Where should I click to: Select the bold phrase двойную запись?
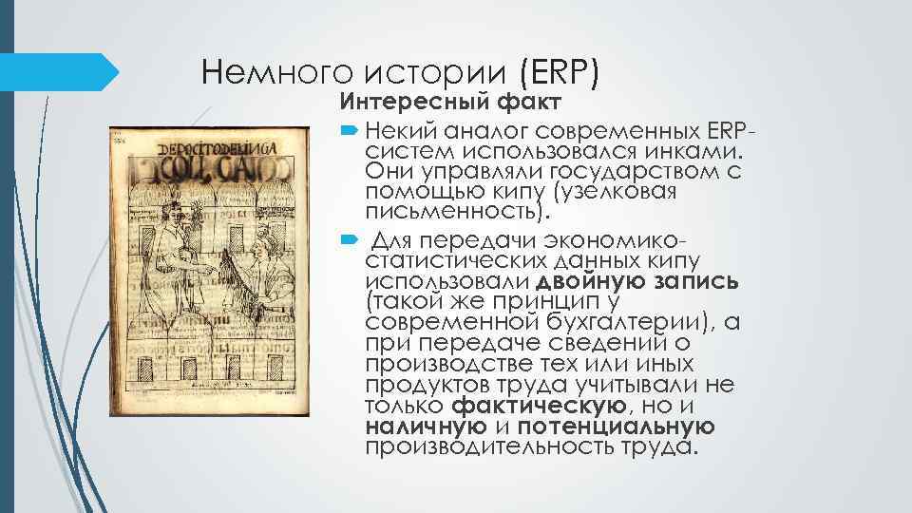tap(638, 282)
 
